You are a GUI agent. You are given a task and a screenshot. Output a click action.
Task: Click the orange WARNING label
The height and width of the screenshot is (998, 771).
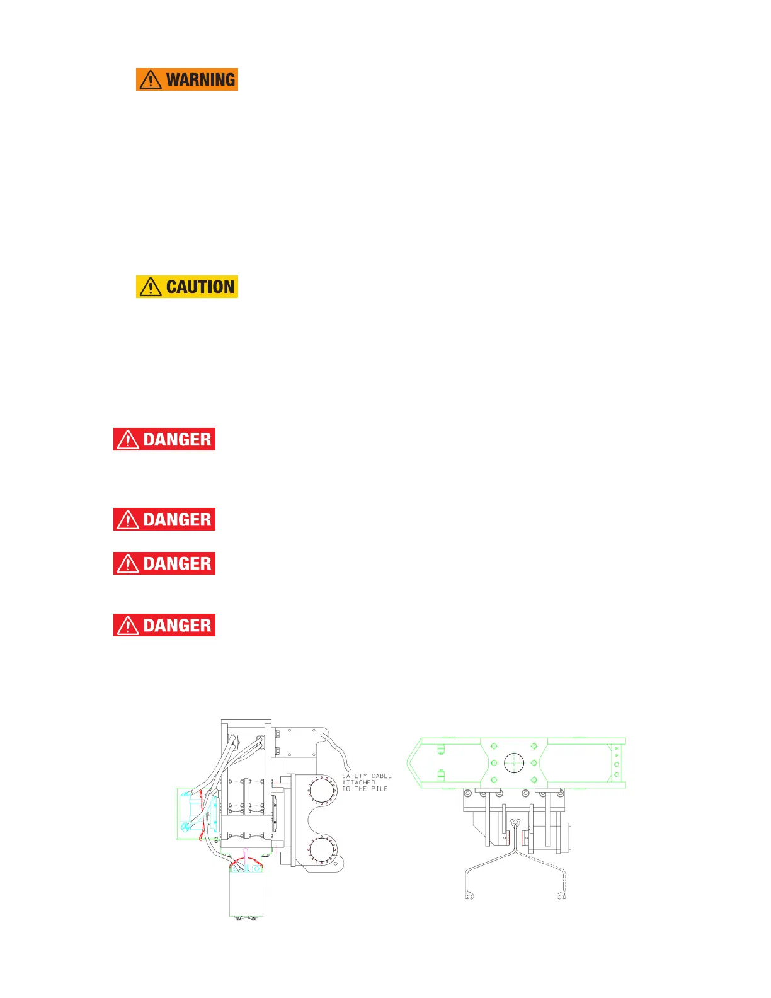click(x=187, y=79)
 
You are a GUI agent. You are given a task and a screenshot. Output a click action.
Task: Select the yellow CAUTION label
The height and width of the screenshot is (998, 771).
click(x=187, y=287)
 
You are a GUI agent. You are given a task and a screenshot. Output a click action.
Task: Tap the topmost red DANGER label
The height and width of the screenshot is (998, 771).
click(x=164, y=439)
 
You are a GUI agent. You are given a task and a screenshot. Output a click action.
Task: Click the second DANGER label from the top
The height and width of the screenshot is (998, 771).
click(x=164, y=519)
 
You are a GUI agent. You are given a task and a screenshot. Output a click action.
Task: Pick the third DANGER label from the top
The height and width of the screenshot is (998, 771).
click(x=164, y=563)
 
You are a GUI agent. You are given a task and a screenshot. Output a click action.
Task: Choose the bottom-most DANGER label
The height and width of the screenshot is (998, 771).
click(x=164, y=625)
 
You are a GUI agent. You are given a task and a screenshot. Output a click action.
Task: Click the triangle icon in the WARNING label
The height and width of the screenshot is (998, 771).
click(x=151, y=80)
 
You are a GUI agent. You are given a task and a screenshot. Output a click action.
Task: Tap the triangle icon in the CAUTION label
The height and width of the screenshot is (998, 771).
click(x=151, y=287)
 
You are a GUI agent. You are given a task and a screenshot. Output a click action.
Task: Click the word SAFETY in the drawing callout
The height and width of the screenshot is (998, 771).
click(x=354, y=776)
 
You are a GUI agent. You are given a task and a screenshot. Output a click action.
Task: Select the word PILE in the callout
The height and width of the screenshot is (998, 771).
click(x=379, y=789)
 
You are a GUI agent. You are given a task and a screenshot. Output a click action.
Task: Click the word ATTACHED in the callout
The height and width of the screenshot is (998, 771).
click(x=358, y=783)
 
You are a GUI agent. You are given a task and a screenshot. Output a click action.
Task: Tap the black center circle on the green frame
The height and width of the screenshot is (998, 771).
click(x=514, y=762)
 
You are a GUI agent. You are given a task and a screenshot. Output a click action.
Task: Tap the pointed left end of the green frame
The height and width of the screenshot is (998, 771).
click(x=411, y=762)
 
